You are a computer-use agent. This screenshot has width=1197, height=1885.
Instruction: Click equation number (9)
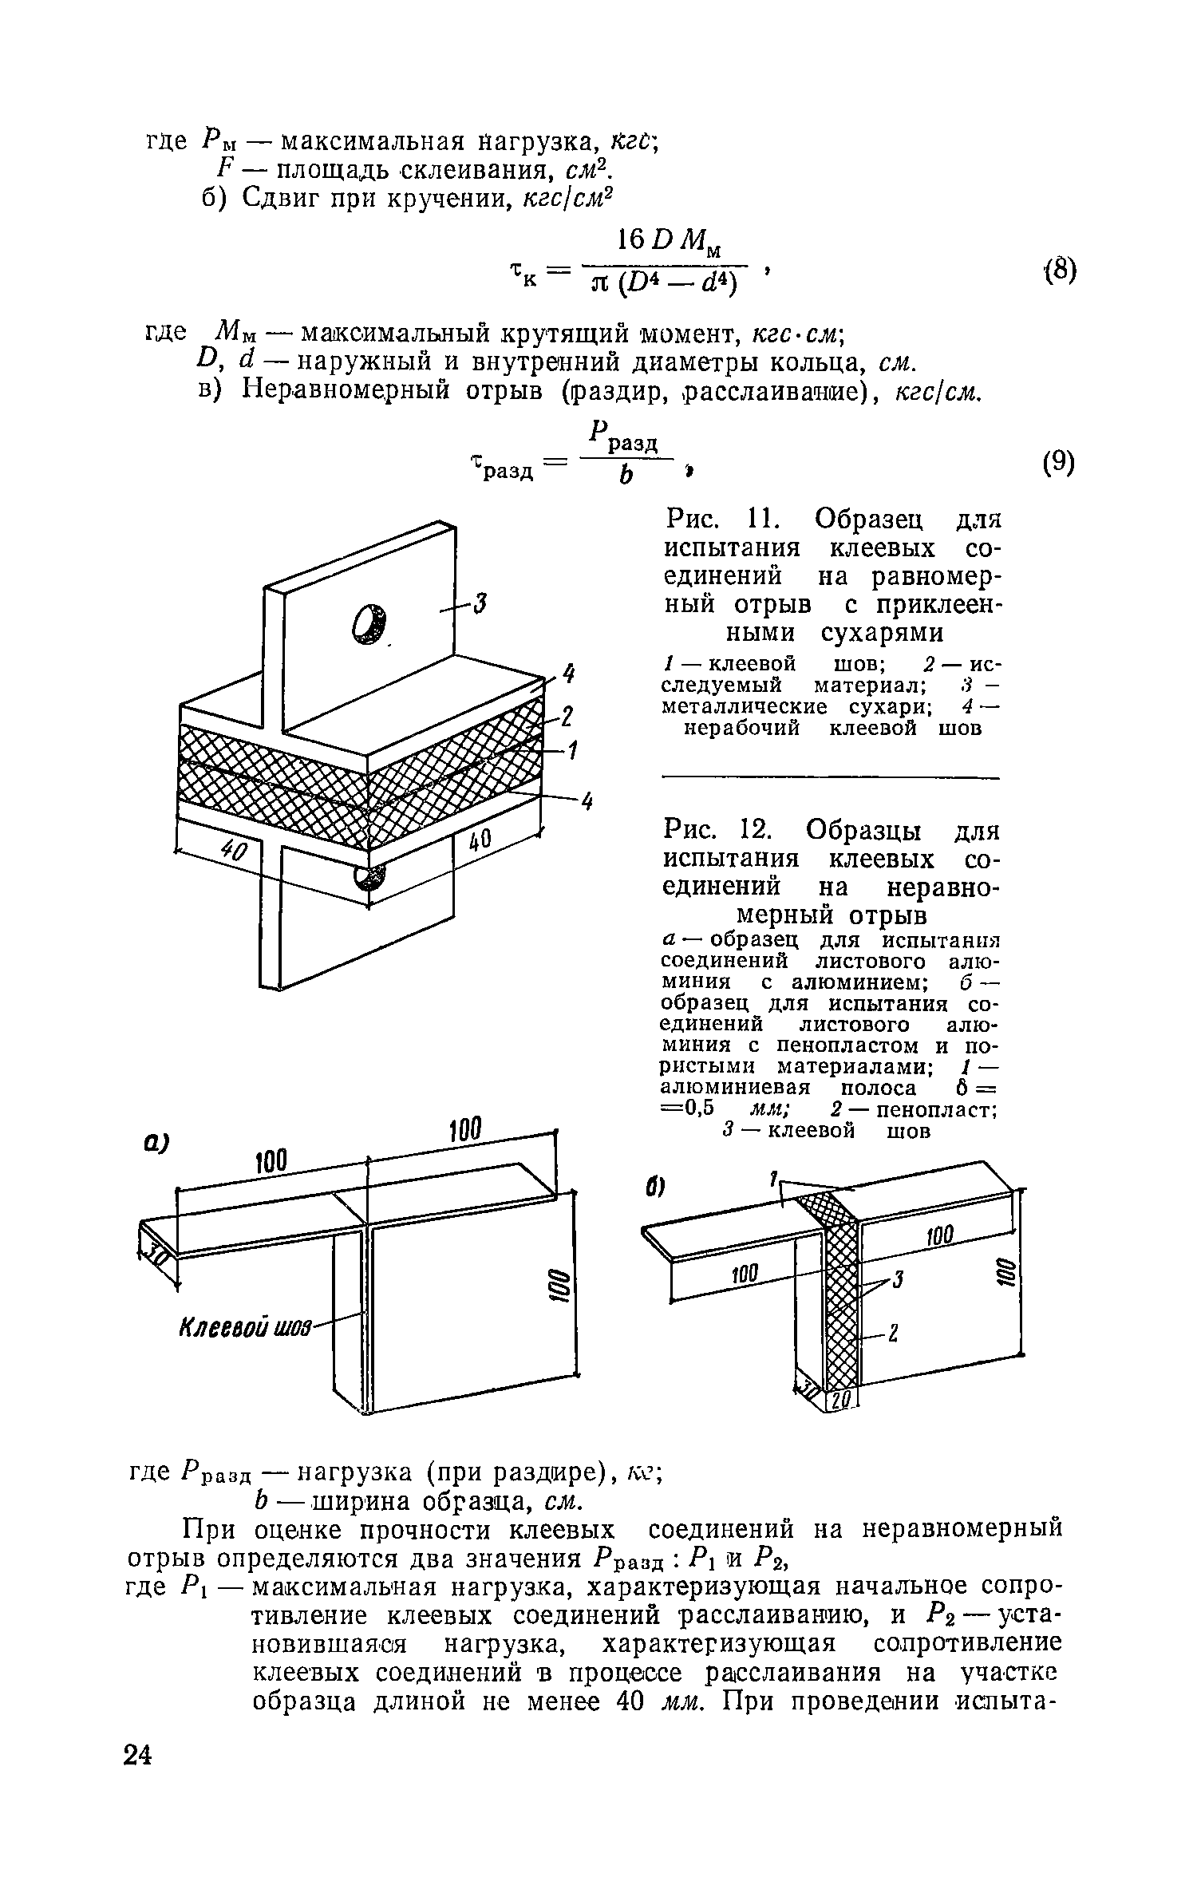point(1058,464)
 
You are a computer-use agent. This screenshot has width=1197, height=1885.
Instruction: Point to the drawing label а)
point(147,1144)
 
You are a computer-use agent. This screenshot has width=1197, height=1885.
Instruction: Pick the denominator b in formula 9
point(626,476)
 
